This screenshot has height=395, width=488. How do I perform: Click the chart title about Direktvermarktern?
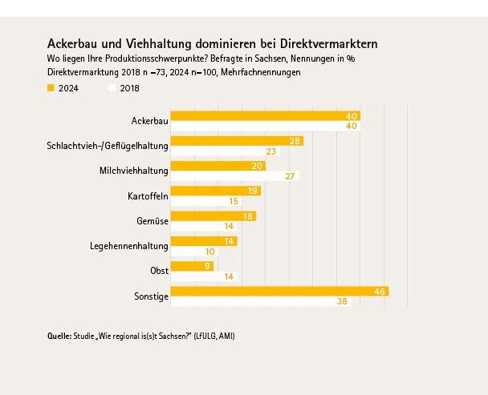click(x=212, y=42)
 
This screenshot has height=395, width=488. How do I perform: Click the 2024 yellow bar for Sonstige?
click(x=280, y=292)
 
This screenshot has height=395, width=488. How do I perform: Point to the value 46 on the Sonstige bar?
click(x=381, y=292)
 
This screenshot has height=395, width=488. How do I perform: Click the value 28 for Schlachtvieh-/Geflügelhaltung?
click(x=296, y=141)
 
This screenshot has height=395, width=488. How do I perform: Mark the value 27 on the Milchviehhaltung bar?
click(x=292, y=176)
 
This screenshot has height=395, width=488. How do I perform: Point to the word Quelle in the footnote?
click(x=60, y=336)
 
